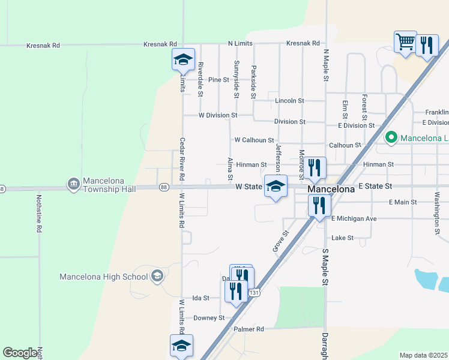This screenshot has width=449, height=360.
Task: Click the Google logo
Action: click(20, 353)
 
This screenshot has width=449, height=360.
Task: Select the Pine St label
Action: click(218, 80)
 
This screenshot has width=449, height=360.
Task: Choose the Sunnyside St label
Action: click(237, 79)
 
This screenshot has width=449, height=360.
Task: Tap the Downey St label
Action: click(209, 318)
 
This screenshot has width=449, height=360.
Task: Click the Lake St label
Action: click(342, 238)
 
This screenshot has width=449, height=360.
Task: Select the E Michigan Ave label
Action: click(354, 218)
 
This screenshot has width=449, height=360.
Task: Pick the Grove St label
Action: click(277, 241)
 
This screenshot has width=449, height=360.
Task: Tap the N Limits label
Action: click(240, 44)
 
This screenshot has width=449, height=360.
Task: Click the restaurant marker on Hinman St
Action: click(315, 168)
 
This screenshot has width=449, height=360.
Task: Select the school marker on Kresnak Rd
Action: click(184, 59)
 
